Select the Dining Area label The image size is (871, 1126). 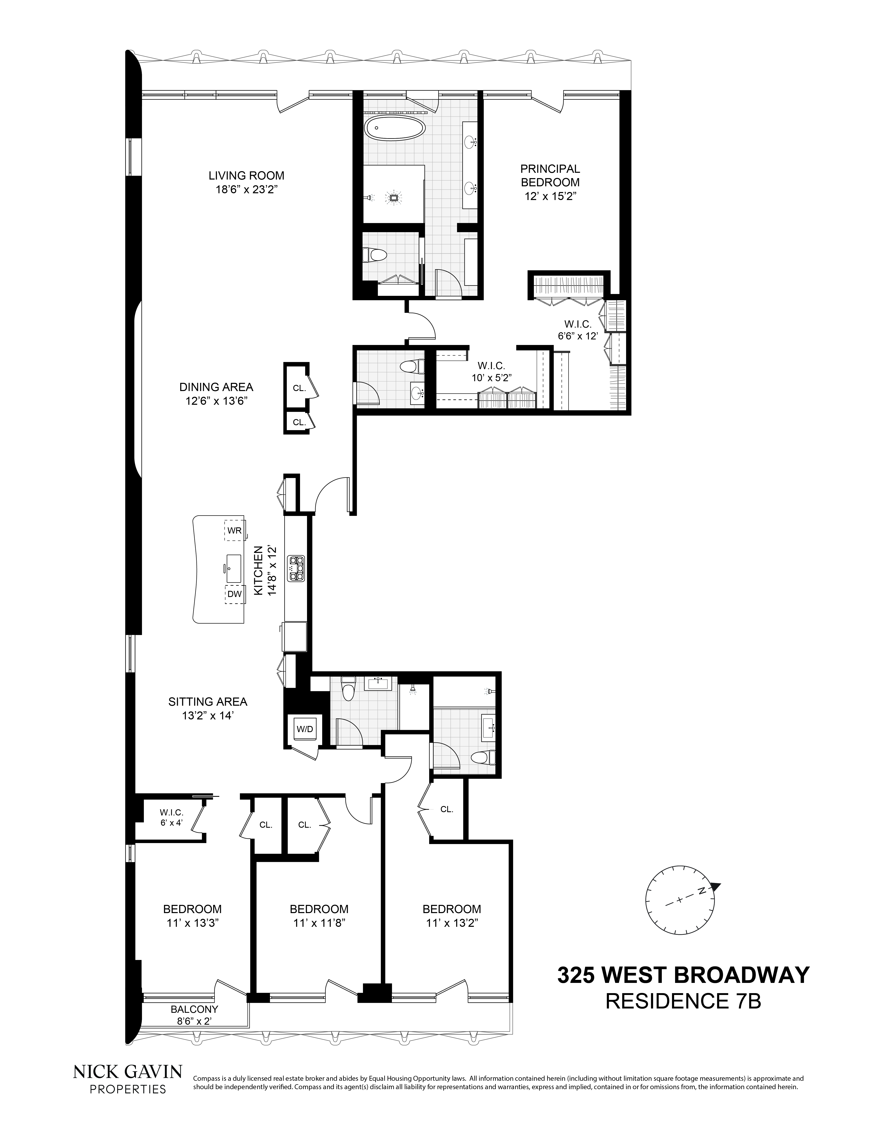(x=216, y=387)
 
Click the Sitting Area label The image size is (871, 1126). (x=207, y=702)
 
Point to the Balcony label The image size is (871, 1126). (x=194, y=1009)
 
